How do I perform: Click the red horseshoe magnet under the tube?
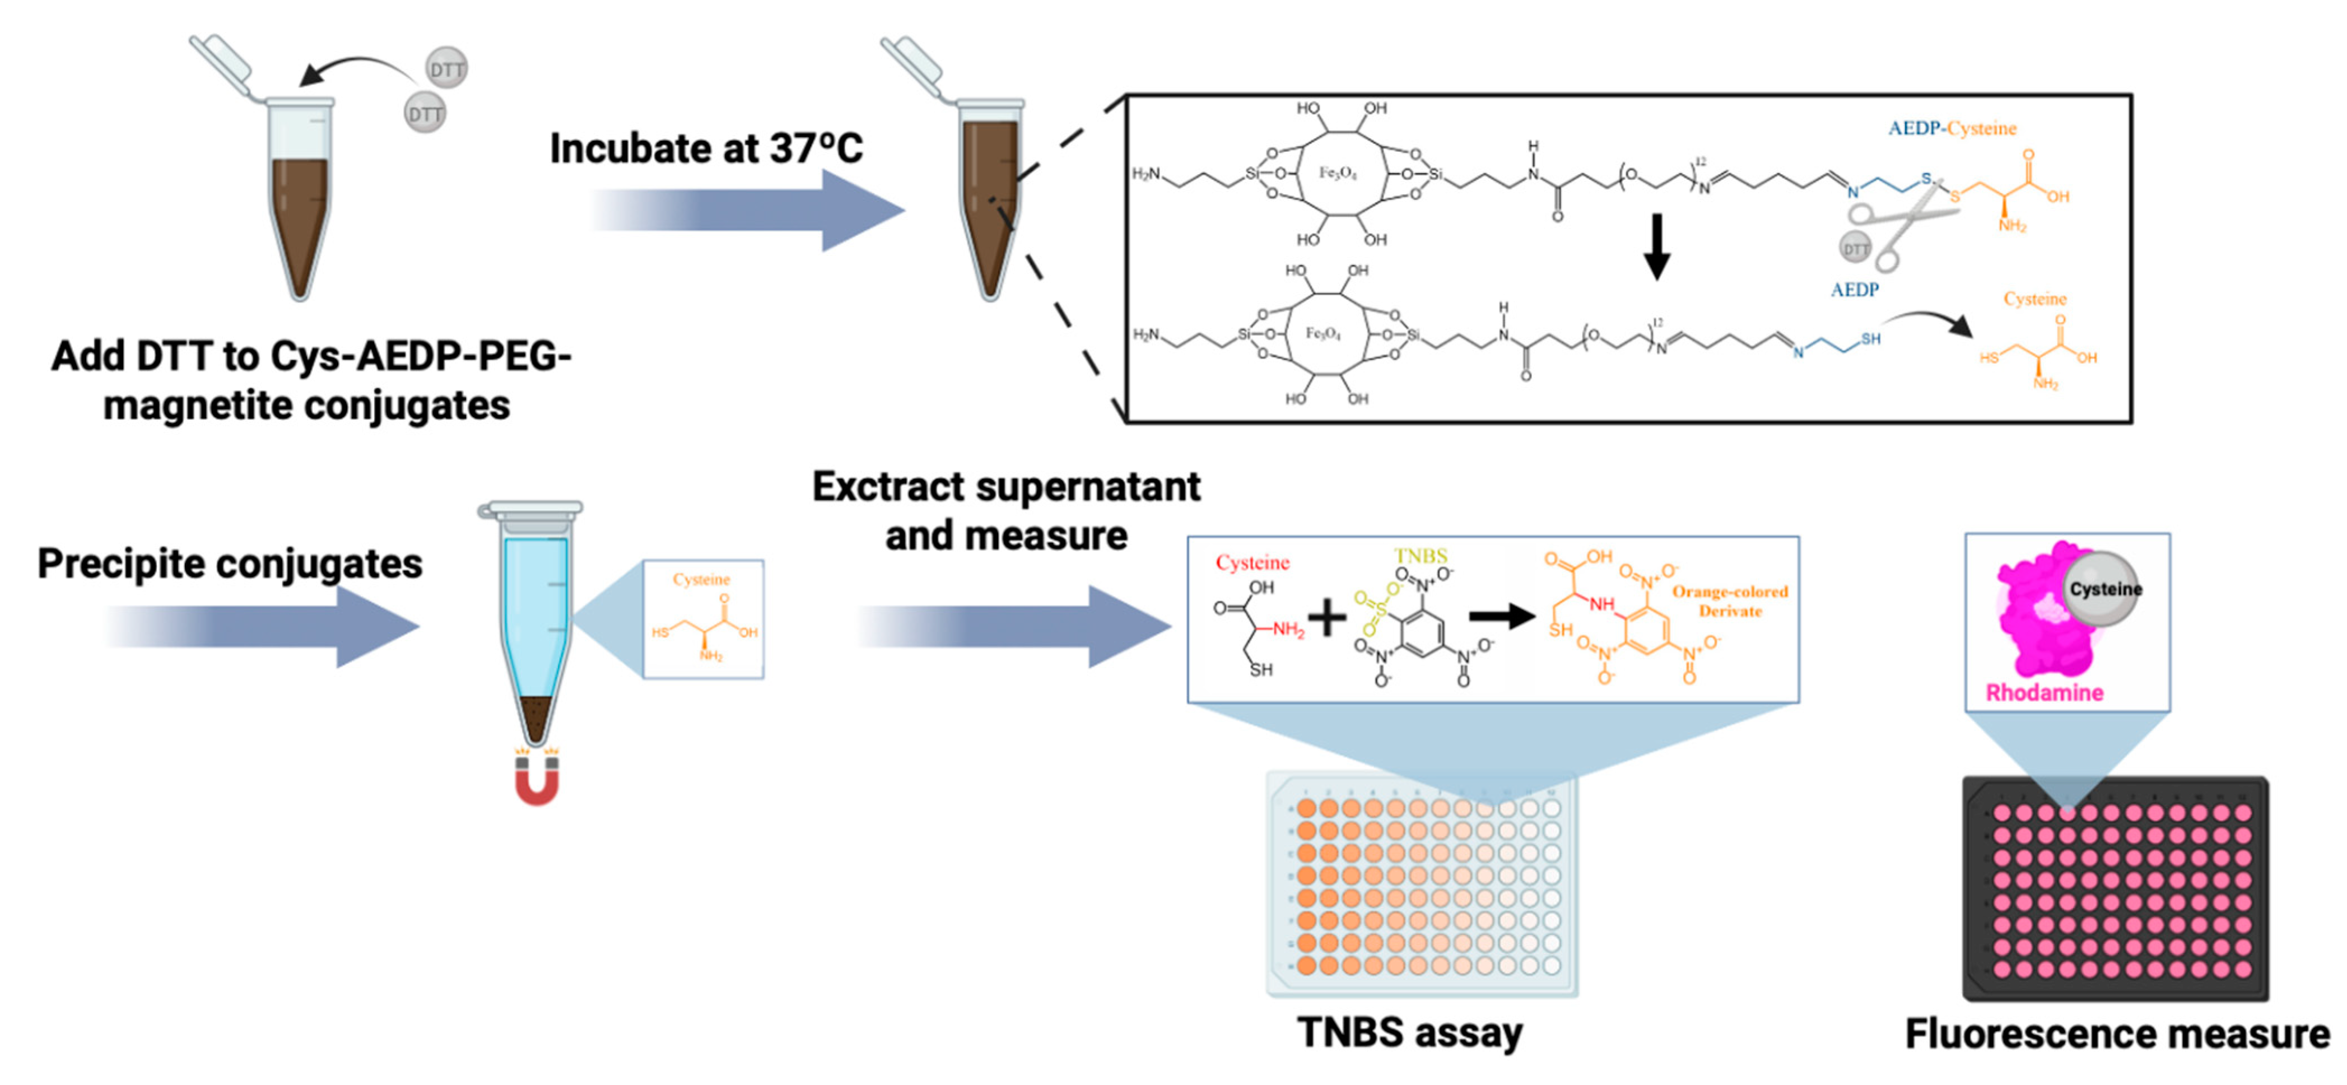537,781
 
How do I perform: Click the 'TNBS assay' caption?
1409,1033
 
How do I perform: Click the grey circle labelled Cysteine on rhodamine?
2103,589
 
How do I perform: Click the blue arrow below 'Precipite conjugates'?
264,627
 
